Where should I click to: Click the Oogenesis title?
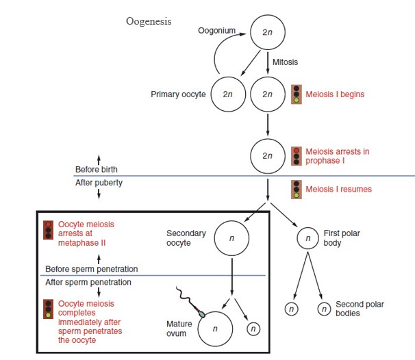[149, 21]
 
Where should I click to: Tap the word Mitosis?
[285, 62]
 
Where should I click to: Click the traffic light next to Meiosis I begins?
[296, 94]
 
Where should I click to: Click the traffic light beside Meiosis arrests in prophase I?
[296, 155]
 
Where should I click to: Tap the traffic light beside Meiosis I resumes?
[296, 189]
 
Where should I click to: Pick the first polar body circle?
[309, 239]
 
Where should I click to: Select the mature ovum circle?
[214, 329]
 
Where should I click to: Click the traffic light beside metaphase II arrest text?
[48, 231]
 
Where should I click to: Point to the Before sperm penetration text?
[91, 268]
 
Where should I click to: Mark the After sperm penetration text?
[88, 282]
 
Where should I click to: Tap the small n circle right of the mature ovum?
[253, 329]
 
